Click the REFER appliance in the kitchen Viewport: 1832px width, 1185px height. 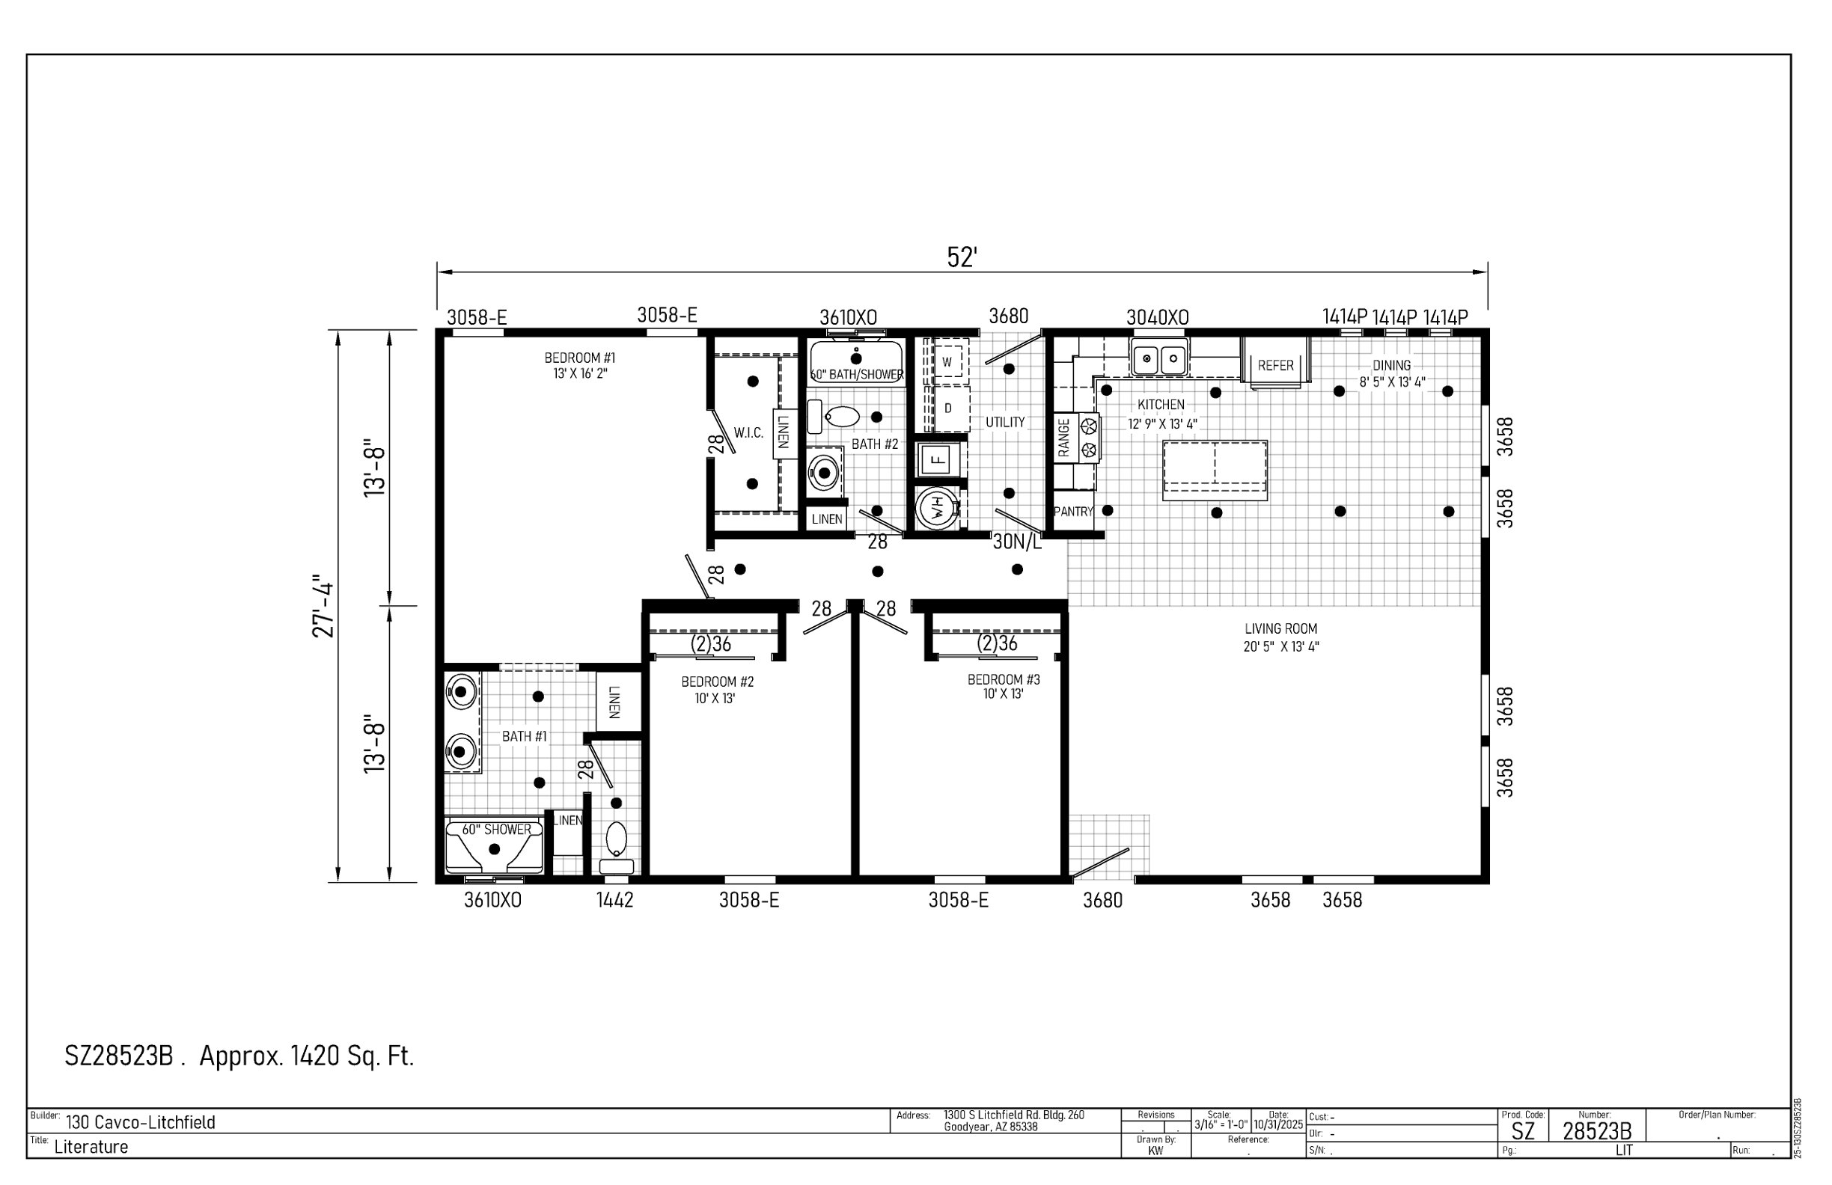(x=1275, y=362)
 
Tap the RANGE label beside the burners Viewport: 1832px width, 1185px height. (x=1063, y=438)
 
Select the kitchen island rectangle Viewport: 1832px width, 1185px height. (x=1215, y=470)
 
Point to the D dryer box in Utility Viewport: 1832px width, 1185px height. (x=949, y=408)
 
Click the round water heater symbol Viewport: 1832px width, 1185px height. (x=937, y=508)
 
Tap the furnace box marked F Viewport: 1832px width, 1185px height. (x=938, y=460)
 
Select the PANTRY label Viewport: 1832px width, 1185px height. (x=1073, y=512)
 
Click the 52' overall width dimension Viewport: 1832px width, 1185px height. (x=962, y=258)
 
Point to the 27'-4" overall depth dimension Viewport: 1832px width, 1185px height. (x=324, y=607)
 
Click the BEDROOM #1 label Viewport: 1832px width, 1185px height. (x=580, y=358)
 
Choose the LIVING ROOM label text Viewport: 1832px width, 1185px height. (x=1281, y=628)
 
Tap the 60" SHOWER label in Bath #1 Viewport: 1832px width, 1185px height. (x=496, y=830)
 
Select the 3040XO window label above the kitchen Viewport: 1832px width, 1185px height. (x=1157, y=317)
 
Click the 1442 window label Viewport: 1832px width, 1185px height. (x=614, y=899)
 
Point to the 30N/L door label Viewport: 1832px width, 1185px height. (x=1017, y=542)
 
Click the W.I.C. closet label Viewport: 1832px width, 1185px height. (x=748, y=433)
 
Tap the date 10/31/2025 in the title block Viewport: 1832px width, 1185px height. (x=1278, y=1125)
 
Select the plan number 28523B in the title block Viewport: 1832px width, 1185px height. (x=1596, y=1131)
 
